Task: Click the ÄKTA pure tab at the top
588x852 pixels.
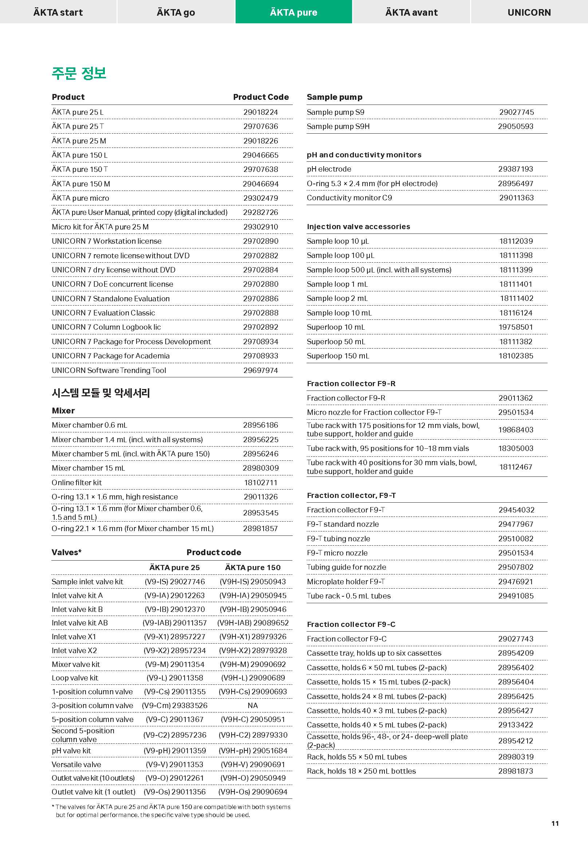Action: click(x=293, y=12)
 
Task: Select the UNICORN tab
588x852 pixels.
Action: click(x=529, y=12)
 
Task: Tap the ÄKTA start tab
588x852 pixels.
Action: click(x=58, y=12)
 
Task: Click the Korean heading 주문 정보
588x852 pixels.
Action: click(x=79, y=73)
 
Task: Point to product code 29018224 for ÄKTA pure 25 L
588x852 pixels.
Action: click(x=260, y=112)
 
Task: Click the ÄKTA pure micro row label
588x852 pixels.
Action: click(x=80, y=198)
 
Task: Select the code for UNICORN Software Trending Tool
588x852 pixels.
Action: click(x=260, y=370)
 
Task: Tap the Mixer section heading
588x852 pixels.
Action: click(x=63, y=411)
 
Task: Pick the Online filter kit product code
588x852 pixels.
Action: click(x=260, y=482)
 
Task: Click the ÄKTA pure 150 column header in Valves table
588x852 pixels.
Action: click(x=253, y=567)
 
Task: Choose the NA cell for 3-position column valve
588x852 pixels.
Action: click(x=253, y=705)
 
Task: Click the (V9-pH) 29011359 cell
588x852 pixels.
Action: click(x=175, y=750)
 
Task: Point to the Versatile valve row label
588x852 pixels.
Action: click(x=76, y=764)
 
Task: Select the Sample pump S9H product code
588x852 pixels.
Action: click(x=516, y=126)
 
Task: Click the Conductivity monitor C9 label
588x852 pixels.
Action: click(x=349, y=197)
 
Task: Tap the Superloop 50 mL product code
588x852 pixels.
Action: click(x=516, y=341)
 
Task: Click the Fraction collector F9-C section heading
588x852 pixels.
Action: click(x=351, y=624)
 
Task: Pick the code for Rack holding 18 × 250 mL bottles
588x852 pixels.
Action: click(x=516, y=771)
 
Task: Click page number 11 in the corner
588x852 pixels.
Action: click(x=555, y=823)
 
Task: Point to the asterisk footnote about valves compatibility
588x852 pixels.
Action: click(x=171, y=811)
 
